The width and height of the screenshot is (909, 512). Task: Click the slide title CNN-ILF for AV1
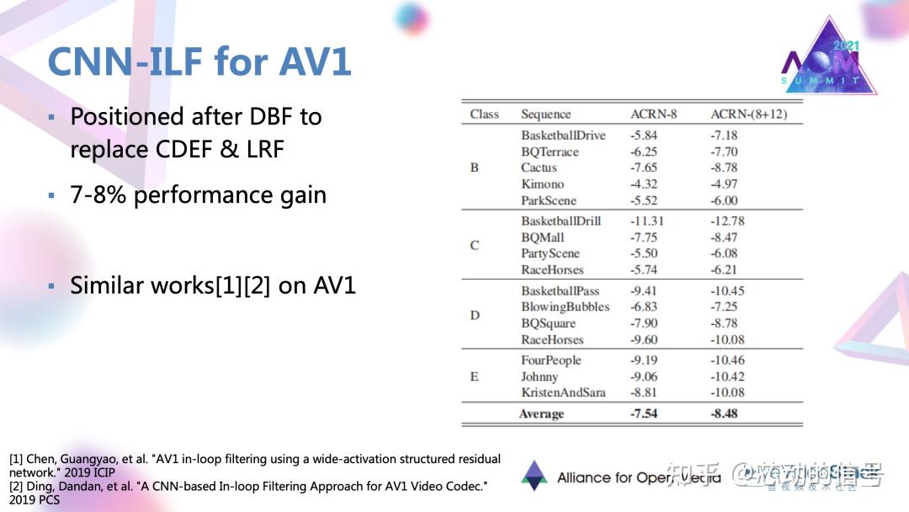pos(199,61)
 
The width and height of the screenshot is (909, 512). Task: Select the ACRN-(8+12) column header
pos(748,115)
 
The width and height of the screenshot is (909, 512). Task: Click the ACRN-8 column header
pos(653,115)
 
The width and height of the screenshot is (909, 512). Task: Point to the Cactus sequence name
pos(539,168)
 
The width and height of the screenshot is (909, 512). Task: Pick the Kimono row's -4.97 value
pos(724,184)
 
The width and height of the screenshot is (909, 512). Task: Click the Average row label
pos(541,413)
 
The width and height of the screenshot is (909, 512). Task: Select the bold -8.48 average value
pos(725,413)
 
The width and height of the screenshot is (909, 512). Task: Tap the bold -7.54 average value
pos(645,413)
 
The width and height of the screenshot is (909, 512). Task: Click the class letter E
pos(474,376)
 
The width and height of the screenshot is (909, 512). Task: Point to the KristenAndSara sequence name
pos(563,392)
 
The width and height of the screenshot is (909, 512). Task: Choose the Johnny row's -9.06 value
pos(644,376)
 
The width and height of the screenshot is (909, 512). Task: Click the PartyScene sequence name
pos(550,253)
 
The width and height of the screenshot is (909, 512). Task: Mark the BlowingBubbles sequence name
pos(565,307)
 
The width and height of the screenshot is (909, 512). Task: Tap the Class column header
pos(484,115)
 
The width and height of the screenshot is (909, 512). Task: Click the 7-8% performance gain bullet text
pos(198,195)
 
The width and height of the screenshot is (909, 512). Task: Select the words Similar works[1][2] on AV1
pos(213,285)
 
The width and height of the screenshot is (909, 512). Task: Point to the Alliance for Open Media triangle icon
pos(534,476)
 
